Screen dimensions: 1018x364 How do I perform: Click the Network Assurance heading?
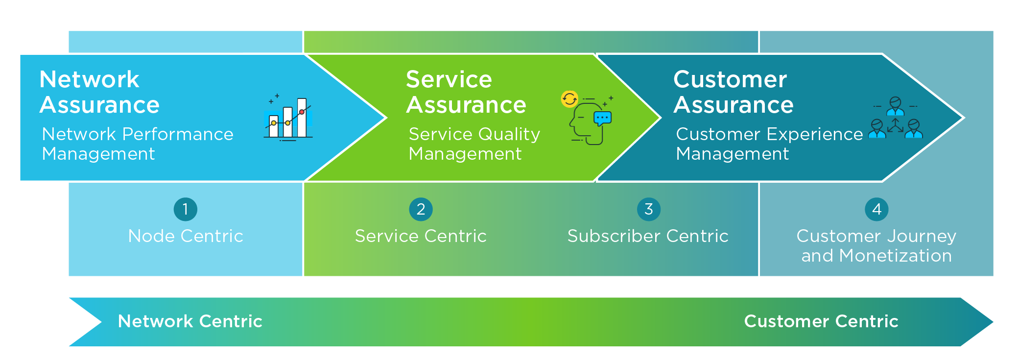click(x=99, y=92)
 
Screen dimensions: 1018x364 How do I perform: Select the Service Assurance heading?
click(x=466, y=92)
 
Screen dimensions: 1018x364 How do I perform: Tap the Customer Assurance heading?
click(x=734, y=92)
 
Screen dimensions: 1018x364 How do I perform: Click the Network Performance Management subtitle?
click(x=138, y=144)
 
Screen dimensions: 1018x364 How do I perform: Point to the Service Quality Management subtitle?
click(x=474, y=144)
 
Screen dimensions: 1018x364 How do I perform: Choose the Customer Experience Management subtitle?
click(x=769, y=144)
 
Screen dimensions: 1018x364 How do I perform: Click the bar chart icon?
click(x=288, y=118)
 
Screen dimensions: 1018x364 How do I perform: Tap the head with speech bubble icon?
click(x=591, y=121)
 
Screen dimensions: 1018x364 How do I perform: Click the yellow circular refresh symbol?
click(x=569, y=99)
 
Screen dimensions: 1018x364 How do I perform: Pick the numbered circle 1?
click(x=186, y=209)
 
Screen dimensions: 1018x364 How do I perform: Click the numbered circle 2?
click(x=421, y=209)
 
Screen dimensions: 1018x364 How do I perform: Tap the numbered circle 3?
click(x=649, y=209)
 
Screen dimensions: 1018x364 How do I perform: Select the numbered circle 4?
click(x=876, y=209)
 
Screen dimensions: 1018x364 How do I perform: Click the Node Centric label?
click(x=186, y=236)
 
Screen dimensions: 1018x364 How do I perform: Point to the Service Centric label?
click(x=421, y=236)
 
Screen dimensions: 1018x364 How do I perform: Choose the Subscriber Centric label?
click(x=648, y=236)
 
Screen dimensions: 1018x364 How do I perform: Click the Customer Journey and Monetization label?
click(x=876, y=246)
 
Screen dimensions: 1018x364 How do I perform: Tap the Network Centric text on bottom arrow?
click(x=190, y=321)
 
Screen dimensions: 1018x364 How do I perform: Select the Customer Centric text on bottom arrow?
click(x=821, y=321)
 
